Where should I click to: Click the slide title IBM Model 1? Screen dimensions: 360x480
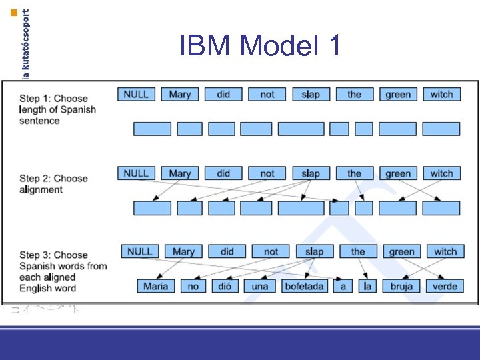pyautogui.click(x=261, y=45)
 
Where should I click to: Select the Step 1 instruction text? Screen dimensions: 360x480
pyautogui.click(x=57, y=109)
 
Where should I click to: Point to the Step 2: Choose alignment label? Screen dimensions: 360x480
pyautogui.click(x=53, y=184)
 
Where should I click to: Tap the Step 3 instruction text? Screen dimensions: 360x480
pyautogui.click(x=63, y=271)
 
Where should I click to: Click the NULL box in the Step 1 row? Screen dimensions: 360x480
pyautogui.click(x=136, y=95)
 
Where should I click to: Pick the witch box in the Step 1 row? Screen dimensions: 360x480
pyautogui.click(x=441, y=95)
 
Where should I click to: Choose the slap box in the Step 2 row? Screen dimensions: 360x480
pyautogui.click(x=311, y=173)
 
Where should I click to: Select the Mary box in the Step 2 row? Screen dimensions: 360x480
pyautogui.click(x=179, y=173)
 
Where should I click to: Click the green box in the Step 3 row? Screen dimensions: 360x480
pyautogui.click(x=401, y=252)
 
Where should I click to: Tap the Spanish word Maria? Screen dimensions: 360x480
pyautogui.click(x=155, y=286)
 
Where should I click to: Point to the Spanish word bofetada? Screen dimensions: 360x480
pyautogui.click(x=303, y=286)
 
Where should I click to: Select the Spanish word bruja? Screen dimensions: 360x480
pyautogui.click(x=401, y=286)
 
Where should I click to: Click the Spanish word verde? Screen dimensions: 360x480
pyautogui.click(x=445, y=286)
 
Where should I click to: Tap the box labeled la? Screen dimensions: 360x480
pyautogui.click(x=365, y=286)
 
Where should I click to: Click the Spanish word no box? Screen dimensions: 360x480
pyautogui.click(x=193, y=286)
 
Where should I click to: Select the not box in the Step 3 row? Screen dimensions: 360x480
pyautogui.click(x=271, y=252)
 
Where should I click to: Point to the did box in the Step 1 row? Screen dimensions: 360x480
pyautogui.click(x=223, y=95)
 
